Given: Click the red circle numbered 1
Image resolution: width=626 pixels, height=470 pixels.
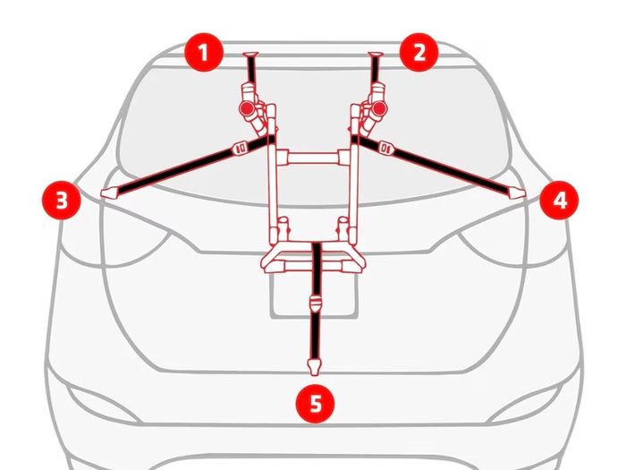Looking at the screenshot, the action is pos(204,52).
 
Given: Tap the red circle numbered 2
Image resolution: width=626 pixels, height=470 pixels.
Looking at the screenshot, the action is pos(419,52).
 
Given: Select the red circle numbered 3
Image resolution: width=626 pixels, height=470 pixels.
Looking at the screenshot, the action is pos(62,200).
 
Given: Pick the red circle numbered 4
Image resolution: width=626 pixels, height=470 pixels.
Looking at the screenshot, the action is pos(559,200).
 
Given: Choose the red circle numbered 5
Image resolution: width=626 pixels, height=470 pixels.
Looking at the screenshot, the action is pos(316,403).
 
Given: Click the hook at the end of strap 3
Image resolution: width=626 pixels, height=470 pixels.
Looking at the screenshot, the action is pos(109,193).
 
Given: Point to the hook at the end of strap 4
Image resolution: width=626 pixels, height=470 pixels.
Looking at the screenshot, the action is pos(517,193).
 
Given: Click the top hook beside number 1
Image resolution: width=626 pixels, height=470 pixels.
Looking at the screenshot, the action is pos(250,55).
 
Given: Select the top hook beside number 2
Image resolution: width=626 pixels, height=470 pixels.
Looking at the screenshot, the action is pos(376,55).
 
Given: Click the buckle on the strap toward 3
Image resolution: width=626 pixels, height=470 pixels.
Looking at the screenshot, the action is pos(241,149).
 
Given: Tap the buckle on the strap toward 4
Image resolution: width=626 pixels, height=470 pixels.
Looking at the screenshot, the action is pos(385,149).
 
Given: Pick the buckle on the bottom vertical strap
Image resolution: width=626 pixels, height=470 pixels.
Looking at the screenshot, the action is pos(316,304).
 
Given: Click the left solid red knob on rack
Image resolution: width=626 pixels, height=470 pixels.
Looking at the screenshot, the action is pos(247,108).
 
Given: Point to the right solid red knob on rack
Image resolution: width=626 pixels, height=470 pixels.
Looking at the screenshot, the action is pos(379,108).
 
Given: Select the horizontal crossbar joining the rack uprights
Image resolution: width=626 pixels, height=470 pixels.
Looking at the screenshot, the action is pos(313,158).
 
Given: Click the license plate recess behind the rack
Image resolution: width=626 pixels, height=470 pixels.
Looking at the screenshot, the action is pos(314,295).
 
